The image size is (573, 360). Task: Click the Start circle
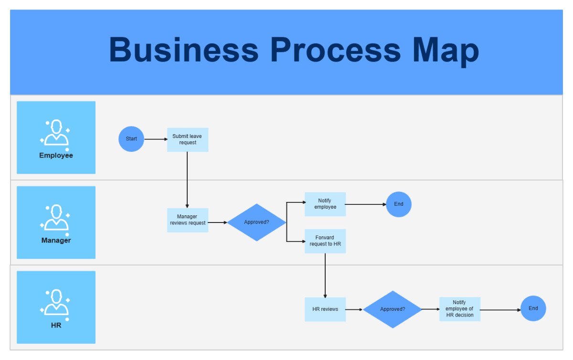coord(131,139)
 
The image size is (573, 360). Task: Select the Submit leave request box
coord(188,139)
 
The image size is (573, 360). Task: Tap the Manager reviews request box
coord(188,220)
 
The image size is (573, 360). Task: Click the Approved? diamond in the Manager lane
coord(256,222)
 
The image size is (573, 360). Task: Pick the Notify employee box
coord(325,204)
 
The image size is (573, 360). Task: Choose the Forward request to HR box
coord(325,241)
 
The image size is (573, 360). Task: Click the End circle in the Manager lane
coord(399,204)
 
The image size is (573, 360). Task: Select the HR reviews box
coord(325,309)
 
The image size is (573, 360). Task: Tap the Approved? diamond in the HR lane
coord(393,309)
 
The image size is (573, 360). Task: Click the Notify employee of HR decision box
coord(460,309)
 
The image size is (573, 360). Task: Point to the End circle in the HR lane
coord(533,308)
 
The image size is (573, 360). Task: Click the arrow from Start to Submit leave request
coord(155,139)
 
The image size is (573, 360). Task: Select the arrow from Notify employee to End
coord(365,204)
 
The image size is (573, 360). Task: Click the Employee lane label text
coord(56,156)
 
